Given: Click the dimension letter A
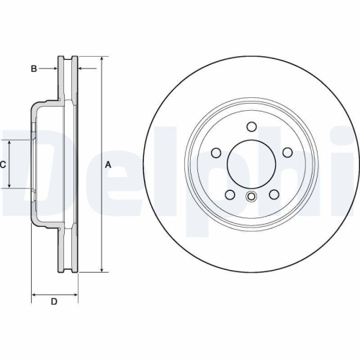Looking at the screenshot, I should click(109, 164).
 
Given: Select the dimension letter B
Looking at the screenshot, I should click(33, 68).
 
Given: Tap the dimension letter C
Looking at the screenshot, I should click(3, 164).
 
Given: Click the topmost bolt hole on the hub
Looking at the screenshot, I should click(251, 127).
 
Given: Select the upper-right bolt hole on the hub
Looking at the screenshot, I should click(287, 153).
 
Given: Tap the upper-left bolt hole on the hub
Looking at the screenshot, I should click(216, 153).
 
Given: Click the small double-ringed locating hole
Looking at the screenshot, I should click(251, 198).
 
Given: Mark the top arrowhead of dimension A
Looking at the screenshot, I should click(101, 58).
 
